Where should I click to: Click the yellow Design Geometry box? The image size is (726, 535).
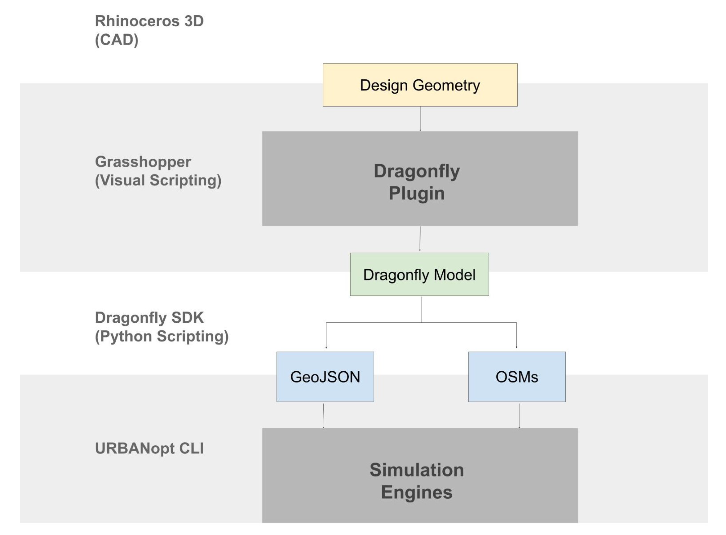[x=420, y=85]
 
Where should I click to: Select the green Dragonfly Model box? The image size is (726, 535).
[x=419, y=274]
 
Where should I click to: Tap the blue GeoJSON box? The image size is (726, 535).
[x=325, y=377]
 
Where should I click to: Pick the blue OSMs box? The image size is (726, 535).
[x=517, y=377]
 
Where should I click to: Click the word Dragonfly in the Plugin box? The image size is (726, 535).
[x=417, y=171]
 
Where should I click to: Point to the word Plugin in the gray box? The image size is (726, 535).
[x=417, y=193]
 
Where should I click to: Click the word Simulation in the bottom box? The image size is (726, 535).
[x=417, y=470]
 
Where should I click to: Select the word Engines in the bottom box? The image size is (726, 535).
[x=417, y=492]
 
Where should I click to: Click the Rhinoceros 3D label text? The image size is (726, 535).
[x=149, y=21]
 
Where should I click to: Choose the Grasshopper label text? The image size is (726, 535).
[x=143, y=161]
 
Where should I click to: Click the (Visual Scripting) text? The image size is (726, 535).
[x=158, y=180]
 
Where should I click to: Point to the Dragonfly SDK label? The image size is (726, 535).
[x=149, y=318]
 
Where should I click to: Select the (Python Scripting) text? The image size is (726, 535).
[x=162, y=336]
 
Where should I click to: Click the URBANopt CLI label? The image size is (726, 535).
[x=149, y=449]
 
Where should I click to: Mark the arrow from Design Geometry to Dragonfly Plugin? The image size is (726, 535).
[x=420, y=118]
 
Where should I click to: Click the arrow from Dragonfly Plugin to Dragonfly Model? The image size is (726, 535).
[x=420, y=239]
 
